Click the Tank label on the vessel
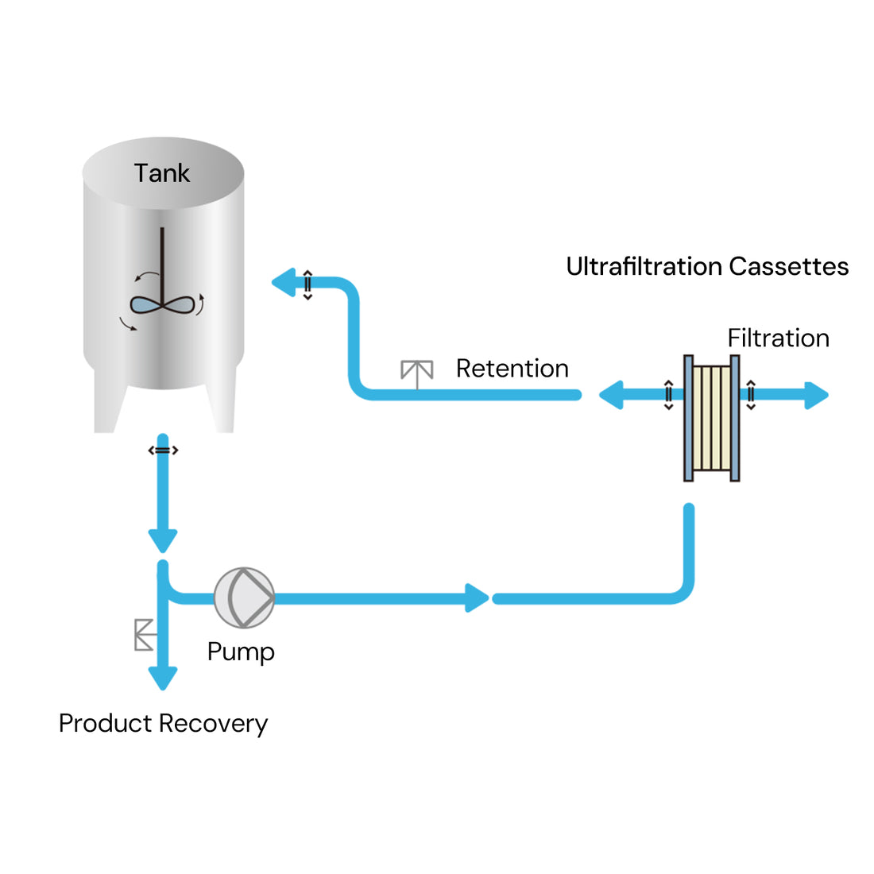(161, 173)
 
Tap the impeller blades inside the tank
(162, 304)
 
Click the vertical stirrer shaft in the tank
(162, 262)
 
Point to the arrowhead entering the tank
(284, 283)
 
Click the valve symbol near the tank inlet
(307, 284)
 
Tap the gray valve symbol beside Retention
(416, 373)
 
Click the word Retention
(512, 369)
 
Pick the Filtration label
(778, 338)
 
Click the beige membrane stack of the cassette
(711, 418)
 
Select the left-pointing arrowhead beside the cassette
(611, 395)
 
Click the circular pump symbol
(244, 597)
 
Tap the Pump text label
(241, 652)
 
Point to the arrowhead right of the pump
(477, 597)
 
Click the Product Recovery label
(163, 724)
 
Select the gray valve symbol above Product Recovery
(145, 634)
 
